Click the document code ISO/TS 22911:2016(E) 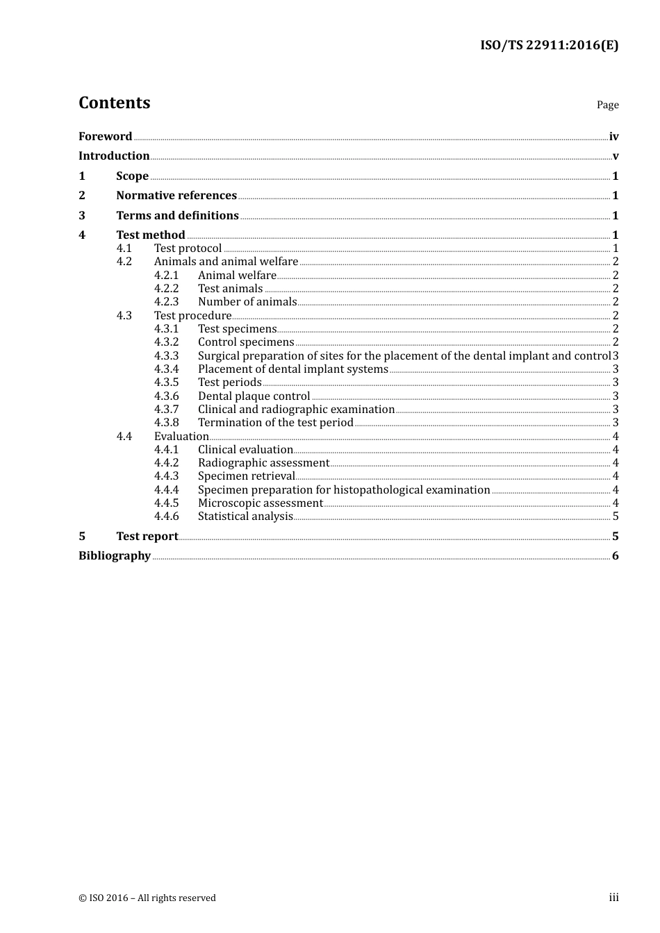[x=549, y=46]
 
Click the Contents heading [x=114, y=103]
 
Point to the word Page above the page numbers [x=607, y=105]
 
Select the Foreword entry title [x=105, y=137]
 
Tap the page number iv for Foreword [x=613, y=137]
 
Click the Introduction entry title [x=114, y=156]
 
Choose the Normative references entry [x=176, y=196]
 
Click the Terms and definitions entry [x=177, y=216]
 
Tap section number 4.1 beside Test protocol [x=124, y=249]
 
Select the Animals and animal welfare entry [x=226, y=262]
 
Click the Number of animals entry [x=247, y=302]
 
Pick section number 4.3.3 [x=166, y=356]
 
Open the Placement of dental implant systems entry [x=292, y=369]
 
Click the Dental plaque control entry [x=254, y=396]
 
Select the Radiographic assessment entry [x=263, y=463]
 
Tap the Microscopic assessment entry [x=260, y=503]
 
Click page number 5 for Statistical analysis [x=615, y=516]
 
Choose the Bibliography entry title [x=115, y=556]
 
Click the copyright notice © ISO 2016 [x=147, y=898]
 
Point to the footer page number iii [x=613, y=898]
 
